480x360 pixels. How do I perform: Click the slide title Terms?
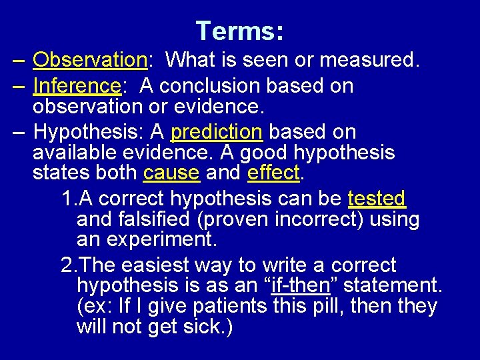point(240,31)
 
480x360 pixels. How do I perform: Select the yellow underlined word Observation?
point(89,60)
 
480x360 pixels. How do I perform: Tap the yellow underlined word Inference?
point(75,86)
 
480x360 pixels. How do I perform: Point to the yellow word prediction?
point(217,132)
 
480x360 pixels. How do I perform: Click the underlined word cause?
point(171,173)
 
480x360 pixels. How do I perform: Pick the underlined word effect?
point(274,173)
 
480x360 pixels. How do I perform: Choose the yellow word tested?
point(377,199)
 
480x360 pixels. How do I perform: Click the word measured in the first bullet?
point(369,60)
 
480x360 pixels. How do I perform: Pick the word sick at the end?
point(203,327)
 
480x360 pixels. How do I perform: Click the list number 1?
point(67,199)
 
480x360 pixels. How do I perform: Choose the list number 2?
point(67,265)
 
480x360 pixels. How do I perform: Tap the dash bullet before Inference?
point(19,86)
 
